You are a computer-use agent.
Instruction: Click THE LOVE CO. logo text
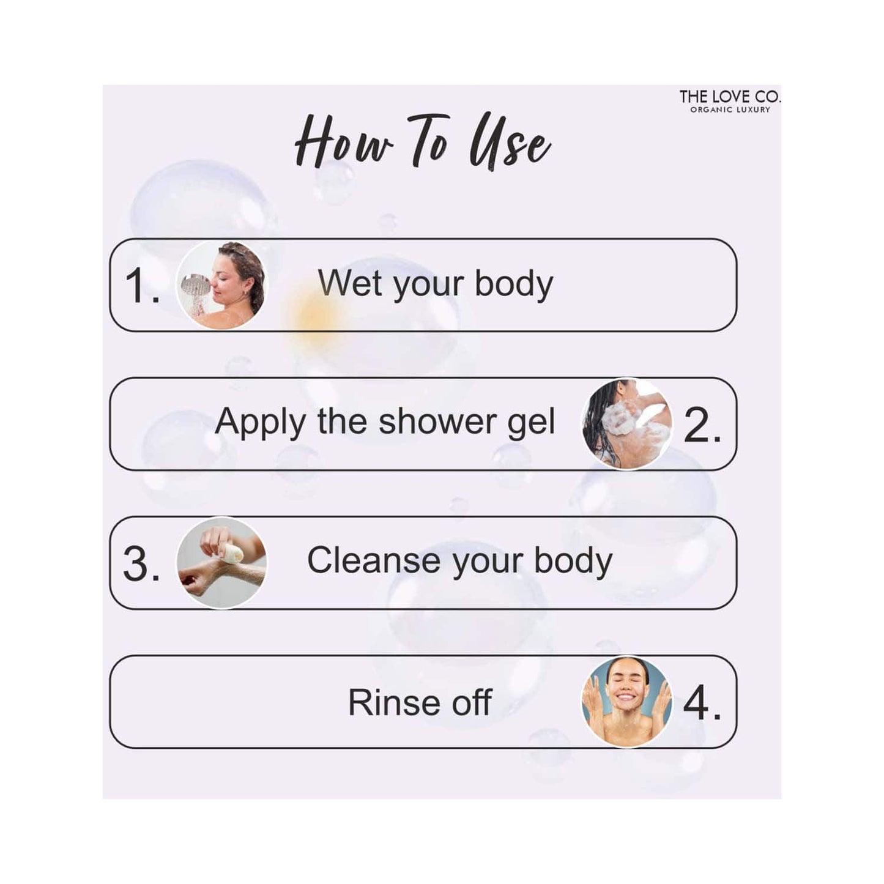click(x=729, y=97)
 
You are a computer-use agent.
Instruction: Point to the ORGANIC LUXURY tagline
click(x=730, y=110)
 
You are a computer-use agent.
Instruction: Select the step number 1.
click(x=142, y=285)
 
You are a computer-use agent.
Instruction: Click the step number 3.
click(x=141, y=564)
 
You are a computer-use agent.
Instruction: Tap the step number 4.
click(x=702, y=703)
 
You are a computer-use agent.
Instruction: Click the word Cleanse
click(x=374, y=560)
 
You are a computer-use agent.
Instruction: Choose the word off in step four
click(x=472, y=702)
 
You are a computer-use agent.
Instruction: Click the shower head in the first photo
click(x=196, y=285)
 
